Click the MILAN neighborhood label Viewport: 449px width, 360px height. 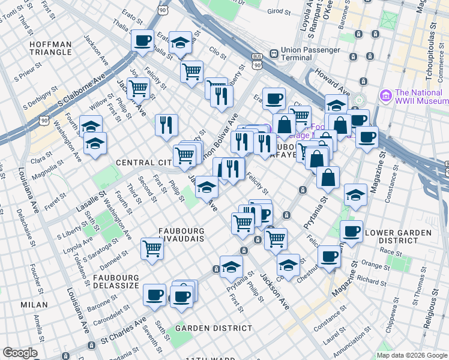point(34,305)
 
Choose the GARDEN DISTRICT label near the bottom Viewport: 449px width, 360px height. point(214,328)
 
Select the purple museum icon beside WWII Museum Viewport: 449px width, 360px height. point(385,95)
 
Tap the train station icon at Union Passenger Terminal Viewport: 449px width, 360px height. point(273,53)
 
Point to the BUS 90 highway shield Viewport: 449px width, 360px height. point(258,61)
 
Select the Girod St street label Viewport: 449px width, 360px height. point(278,11)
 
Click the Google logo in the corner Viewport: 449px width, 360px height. point(20,352)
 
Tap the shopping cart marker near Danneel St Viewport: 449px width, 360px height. point(152,247)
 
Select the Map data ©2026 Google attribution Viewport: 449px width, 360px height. point(411,354)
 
